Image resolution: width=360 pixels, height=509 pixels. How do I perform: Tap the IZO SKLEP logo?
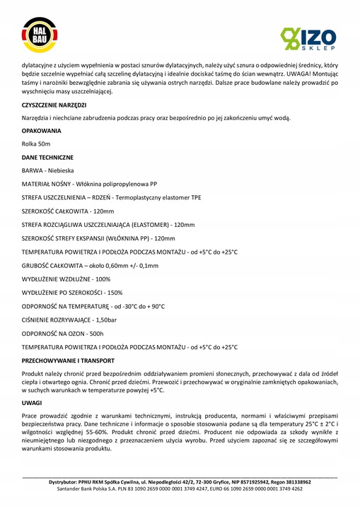coord(306,36)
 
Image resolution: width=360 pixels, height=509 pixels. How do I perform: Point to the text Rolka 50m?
coord(36,144)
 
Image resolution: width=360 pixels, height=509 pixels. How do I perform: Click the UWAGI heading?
coord(33,402)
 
